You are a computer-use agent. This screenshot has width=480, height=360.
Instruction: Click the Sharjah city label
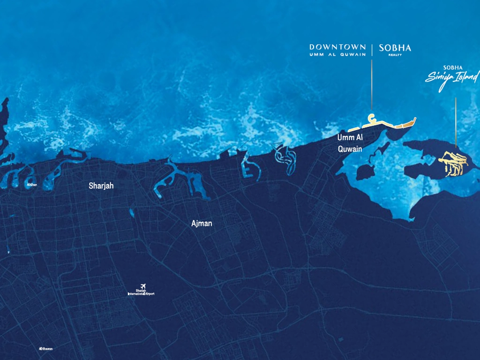point(101,186)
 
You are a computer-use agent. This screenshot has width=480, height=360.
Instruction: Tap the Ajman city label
point(202,224)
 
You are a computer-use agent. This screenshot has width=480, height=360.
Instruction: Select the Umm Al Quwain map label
point(350,143)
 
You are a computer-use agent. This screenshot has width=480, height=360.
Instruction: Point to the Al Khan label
point(32,185)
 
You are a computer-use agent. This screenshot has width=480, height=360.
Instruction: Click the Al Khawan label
point(45,348)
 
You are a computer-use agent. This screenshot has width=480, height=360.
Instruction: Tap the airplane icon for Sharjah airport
point(143,285)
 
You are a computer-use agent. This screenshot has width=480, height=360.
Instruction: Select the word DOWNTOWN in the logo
point(337,47)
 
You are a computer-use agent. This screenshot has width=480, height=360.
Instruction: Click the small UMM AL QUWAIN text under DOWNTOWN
point(337,54)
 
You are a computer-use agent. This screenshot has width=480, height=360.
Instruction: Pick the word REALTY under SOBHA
point(395,55)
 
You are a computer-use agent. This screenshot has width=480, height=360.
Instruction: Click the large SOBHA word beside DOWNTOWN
point(395,48)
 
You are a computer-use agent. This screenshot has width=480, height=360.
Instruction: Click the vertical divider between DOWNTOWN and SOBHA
point(372,50)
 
